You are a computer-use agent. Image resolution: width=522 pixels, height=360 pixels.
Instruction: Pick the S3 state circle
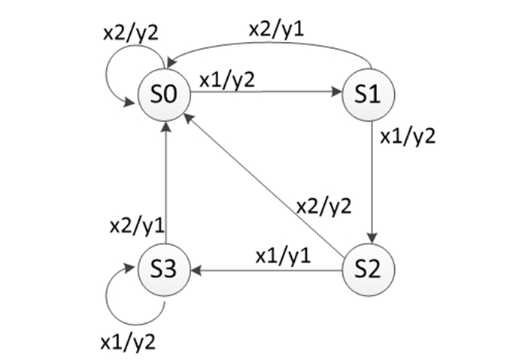click(x=164, y=268)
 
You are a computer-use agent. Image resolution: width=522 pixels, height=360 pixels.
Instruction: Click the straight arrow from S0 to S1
click(x=263, y=93)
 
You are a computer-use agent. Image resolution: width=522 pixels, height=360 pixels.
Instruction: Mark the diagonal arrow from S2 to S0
click(x=263, y=180)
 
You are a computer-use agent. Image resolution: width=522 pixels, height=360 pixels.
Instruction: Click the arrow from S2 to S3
click(x=263, y=268)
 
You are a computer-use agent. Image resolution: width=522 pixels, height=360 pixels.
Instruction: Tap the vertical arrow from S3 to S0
click(x=165, y=180)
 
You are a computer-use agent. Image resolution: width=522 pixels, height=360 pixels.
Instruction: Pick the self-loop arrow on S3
click(x=121, y=296)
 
